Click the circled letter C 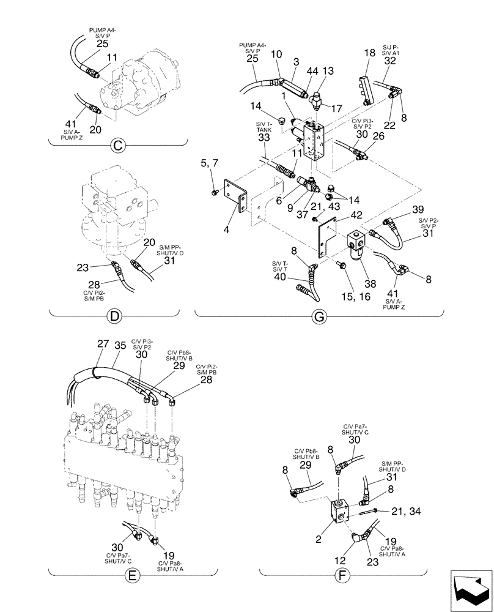pyautogui.click(x=117, y=146)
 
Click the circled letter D pyautogui.click(x=114, y=316)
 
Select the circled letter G pyautogui.click(x=319, y=316)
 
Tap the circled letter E pyautogui.click(x=131, y=575)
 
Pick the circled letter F pyautogui.click(x=343, y=575)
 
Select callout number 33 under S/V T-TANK pyautogui.click(x=264, y=138)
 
